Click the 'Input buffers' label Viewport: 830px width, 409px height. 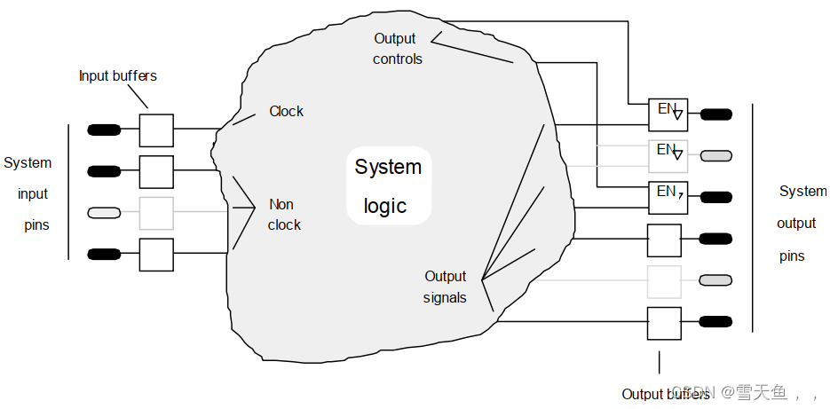click(117, 76)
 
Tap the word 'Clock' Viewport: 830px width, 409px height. click(286, 112)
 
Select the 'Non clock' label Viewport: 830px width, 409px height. click(284, 215)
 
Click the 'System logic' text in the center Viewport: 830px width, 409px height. click(388, 186)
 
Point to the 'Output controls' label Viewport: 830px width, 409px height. click(397, 49)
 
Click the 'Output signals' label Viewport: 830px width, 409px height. click(445, 287)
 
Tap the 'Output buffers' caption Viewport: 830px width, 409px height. click(665, 394)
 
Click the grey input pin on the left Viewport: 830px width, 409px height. click(104, 213)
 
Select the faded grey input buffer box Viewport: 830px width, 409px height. click(156, 213)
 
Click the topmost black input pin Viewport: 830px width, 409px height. click(104, 130)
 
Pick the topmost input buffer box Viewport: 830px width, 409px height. click(156, 130)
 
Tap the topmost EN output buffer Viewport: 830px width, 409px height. click(668, 114)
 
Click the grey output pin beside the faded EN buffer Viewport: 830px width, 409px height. click(715, 156)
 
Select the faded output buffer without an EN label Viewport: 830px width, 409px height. click(664, 281)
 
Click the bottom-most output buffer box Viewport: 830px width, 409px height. click(664, 323)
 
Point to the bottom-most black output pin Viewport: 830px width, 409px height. click(715, 322)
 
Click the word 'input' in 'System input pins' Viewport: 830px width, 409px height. click(33, 194)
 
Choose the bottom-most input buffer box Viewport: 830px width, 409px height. click(156, 255)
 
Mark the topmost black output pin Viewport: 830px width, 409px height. click(715, 114)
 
